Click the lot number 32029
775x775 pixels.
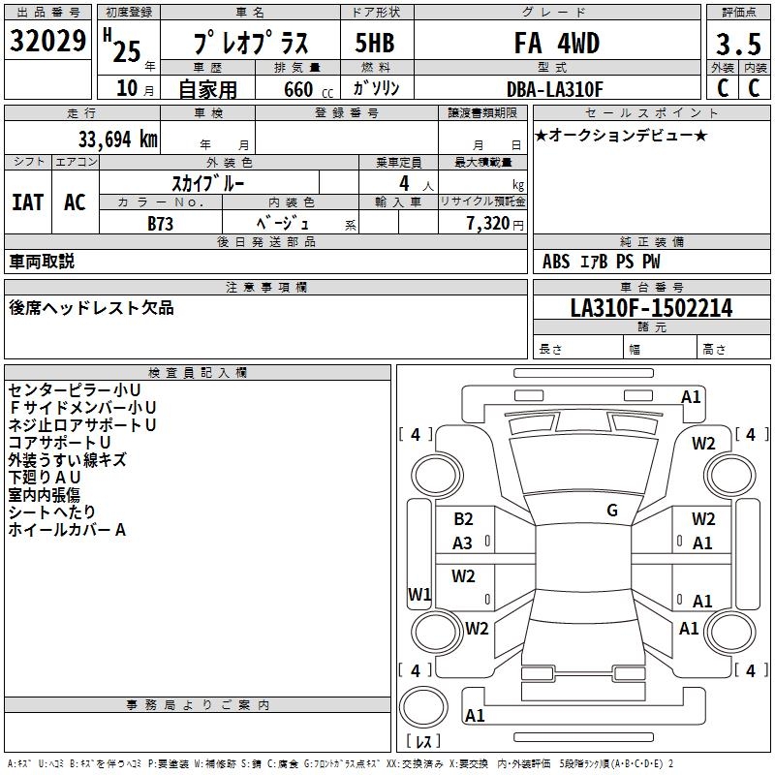tap(48, 41)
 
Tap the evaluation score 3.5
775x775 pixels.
tap(737, 44)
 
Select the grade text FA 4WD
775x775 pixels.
tap(556, 44)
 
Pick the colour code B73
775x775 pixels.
tap(161, 223)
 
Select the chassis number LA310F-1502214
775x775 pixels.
tap(651, 308)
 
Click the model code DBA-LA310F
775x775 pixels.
tap(555, 89)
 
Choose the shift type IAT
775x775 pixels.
tap(27, 201)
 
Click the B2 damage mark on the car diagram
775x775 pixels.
tap(463, 519)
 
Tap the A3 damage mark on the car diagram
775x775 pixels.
tap(463, 543)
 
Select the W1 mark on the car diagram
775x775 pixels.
tap(418, 594)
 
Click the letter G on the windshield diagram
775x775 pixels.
tap(612, 510)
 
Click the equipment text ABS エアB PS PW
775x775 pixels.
tap(590, 262)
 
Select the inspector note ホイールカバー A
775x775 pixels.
tap(68, 530)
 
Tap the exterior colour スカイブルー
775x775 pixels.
tap(207, 182)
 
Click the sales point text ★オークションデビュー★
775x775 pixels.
tap(621, 135)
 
